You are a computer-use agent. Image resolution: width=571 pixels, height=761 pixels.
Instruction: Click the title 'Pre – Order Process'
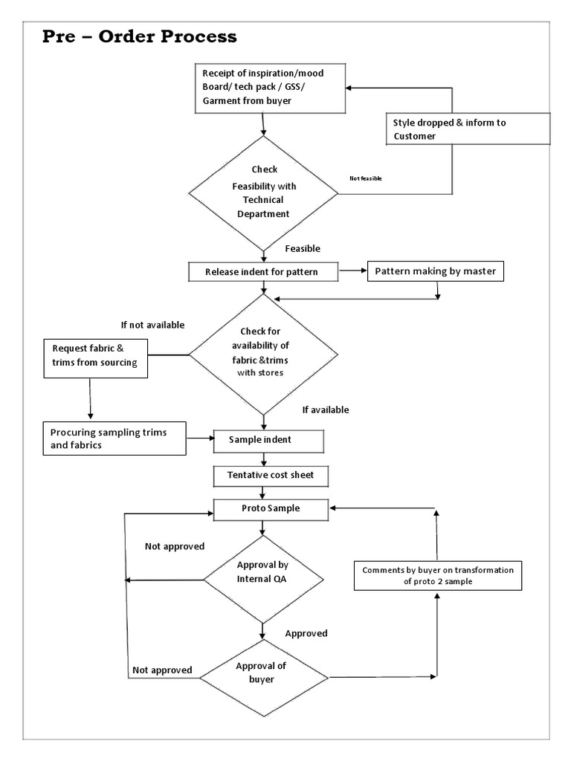coord(138,36)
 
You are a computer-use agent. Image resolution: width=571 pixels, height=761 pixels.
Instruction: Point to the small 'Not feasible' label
coord(365,178)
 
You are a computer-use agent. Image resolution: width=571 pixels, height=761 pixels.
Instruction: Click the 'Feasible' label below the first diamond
coord(303,249)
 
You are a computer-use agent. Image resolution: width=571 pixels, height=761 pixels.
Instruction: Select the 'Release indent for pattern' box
coord(263,272)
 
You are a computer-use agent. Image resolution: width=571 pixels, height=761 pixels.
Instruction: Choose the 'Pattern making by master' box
coord(433,271)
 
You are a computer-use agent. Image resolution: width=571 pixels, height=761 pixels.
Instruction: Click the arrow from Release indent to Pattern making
coord(353,272)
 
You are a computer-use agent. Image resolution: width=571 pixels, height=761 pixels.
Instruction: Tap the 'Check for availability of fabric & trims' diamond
coord(263,352)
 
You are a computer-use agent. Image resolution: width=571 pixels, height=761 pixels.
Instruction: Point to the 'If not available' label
coord(152,325)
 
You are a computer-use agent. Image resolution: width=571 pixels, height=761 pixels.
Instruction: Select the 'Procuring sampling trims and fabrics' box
coord(113,438)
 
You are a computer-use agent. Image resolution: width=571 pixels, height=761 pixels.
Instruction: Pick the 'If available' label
coord(325,409)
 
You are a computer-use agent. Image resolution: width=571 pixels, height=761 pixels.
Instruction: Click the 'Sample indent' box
coord(268,440)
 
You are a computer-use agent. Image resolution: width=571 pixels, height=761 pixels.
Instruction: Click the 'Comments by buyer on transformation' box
coord(437,576)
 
